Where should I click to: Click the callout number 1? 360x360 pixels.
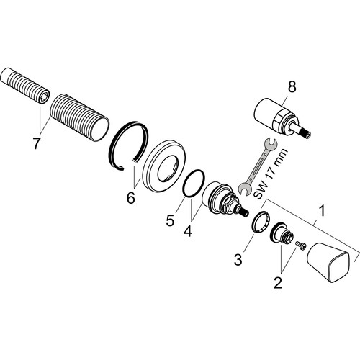(x=323, y=210)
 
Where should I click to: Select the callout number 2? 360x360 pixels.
(x=278, y=282)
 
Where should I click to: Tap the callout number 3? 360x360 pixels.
(x=238, y=259)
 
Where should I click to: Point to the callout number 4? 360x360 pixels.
(x=188, y=230)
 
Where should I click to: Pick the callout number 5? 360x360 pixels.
(x=170, y=220)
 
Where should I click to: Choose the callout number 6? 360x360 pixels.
(x=131, y=197)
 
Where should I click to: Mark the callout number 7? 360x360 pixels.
(x=36, y=143)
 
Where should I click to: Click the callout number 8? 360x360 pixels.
(x=292, y=87)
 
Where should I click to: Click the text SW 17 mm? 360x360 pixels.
(x=271, y=174)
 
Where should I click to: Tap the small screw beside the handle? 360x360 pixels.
(x=301, y=246)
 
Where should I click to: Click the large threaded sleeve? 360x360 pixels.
(x=80, y=117)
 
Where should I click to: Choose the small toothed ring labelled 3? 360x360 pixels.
(x=261, y=221)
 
